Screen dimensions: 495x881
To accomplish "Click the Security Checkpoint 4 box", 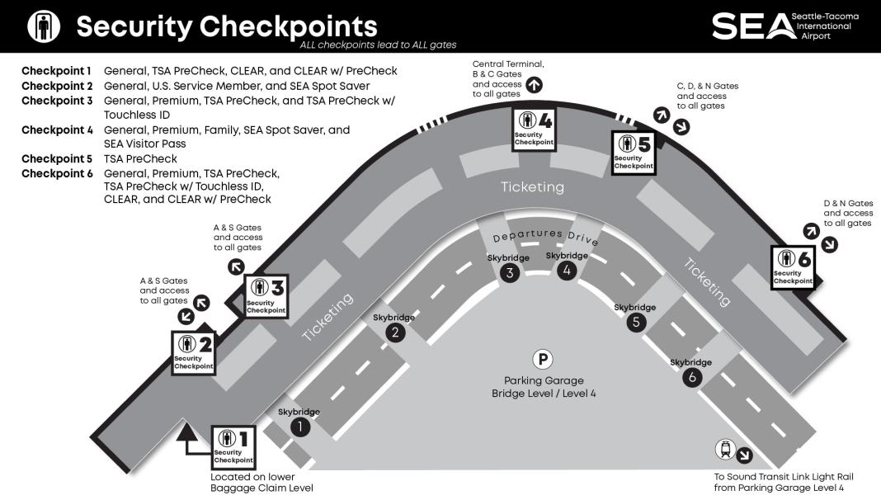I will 534,129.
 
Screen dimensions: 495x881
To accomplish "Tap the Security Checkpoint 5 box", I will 634,152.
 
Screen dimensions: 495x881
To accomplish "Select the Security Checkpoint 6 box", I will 793,266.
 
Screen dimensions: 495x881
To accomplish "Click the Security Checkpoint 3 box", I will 266,296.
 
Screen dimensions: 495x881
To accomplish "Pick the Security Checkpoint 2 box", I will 194,352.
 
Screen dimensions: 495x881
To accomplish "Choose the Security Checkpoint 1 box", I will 233,446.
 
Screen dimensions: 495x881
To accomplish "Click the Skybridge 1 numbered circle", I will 300,427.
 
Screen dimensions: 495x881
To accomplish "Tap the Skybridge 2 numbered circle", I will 395,332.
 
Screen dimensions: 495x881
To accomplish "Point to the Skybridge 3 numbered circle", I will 510,273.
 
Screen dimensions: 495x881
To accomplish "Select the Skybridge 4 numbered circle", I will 566,271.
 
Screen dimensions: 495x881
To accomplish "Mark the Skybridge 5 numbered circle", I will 635,322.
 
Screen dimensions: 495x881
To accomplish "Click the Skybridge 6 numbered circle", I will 691,377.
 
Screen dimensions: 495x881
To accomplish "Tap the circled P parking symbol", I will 543,359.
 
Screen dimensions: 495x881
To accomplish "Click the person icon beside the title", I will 44,26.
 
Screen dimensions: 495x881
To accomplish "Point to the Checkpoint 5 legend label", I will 57,158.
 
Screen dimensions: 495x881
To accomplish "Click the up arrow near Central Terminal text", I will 534,83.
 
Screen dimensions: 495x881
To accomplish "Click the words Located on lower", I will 252,477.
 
